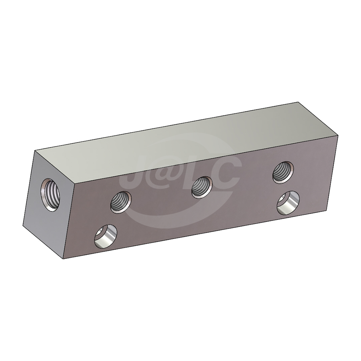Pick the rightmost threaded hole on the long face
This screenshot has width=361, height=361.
point(283,171)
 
